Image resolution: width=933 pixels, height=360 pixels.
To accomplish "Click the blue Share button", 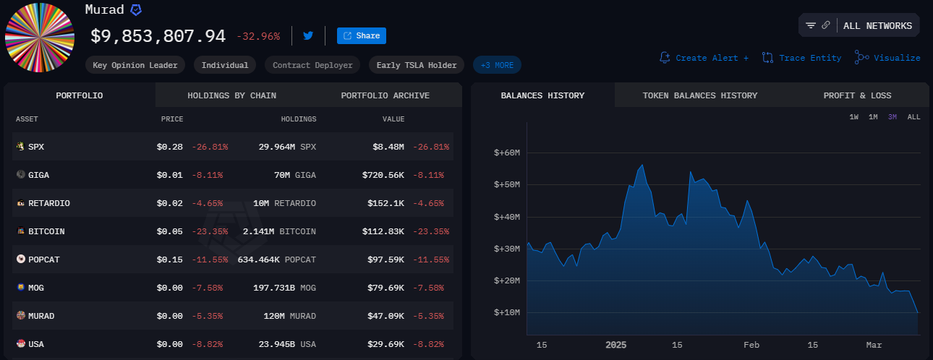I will tap(361, 35).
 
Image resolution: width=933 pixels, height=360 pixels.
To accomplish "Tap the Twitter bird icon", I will tap(308, 35).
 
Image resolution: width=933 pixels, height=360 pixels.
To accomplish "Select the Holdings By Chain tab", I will tap(231, 95).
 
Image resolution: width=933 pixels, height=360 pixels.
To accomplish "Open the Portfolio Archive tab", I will tap(385, 95).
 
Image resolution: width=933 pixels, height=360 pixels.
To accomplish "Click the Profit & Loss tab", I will tap(857, 95).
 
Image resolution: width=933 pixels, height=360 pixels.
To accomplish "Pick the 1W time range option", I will tap(854, 117).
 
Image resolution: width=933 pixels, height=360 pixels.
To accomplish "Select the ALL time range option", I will tap(913, 117).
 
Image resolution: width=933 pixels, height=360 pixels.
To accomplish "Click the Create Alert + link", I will tap(704, 58).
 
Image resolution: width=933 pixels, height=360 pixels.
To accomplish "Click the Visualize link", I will tap(887, 58).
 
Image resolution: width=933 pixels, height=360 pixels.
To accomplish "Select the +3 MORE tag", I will tap(497, 65).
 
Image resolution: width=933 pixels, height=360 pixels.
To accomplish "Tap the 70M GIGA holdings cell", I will tap(296, 175).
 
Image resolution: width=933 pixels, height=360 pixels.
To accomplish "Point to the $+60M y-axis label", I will tap(507, 153).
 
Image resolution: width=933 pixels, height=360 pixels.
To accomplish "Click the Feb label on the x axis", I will tap(752, 345).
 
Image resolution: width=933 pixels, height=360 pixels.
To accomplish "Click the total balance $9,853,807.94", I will tap(158, 35).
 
